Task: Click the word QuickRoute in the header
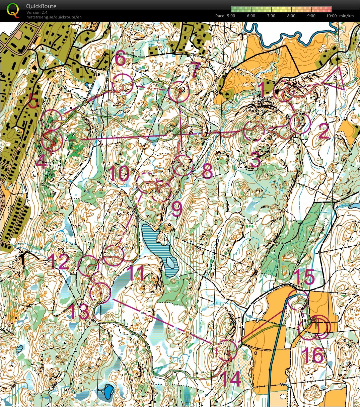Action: point(41,6)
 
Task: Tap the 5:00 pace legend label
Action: point(231,16)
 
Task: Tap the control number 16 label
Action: point(313,355)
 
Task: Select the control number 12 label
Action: point(59,261)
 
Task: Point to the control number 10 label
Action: point(119,173)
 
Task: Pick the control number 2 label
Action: point(323,133)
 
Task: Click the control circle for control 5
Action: point(52,119)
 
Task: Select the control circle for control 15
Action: point(297,300)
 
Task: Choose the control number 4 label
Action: point(41,164)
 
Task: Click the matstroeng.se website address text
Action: point(54,17)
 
